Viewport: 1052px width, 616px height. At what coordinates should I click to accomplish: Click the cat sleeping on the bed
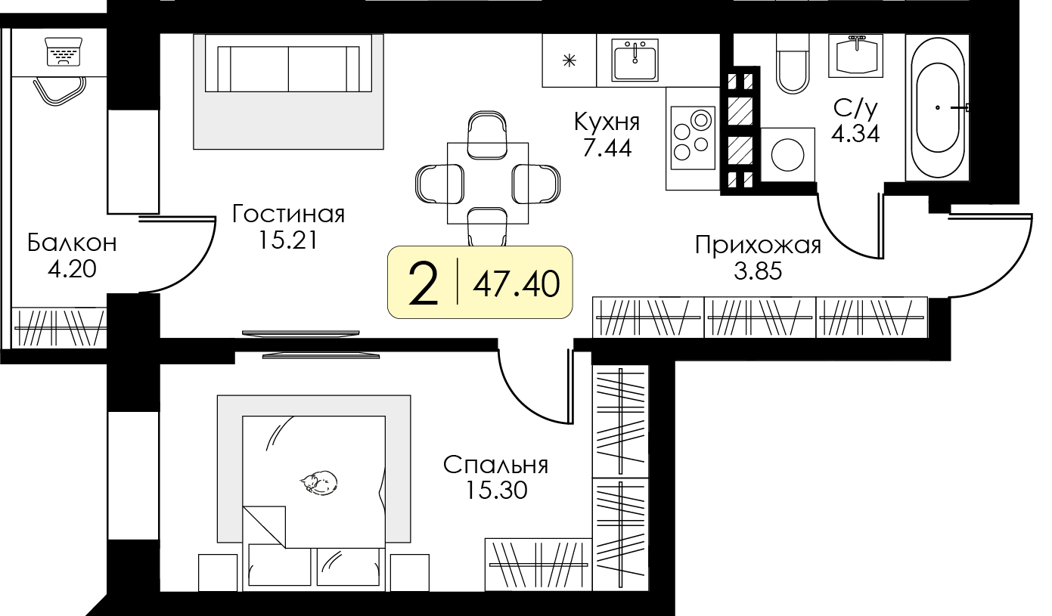tap(318, 481)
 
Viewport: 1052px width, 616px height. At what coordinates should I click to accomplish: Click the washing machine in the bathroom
tap(788, 155)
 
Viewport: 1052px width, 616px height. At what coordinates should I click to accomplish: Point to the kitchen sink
tap(635, 60)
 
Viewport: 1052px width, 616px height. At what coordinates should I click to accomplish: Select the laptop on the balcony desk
tap(62, 52)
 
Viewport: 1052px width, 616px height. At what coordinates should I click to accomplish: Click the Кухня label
tap(607, 121)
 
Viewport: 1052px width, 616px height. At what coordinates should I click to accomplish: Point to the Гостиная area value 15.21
tap(288, 240)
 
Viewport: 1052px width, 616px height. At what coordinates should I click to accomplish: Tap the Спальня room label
tap(495, 465)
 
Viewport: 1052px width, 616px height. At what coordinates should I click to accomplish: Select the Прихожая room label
tap(758, 246)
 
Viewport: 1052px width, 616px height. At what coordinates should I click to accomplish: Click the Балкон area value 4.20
tap(72, 268)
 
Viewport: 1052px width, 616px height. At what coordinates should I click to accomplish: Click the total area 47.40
tap(517, 284)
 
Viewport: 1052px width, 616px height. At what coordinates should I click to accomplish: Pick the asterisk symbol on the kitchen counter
tap(569, 60)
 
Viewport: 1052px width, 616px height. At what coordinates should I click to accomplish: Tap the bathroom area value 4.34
tap(855, 135)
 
